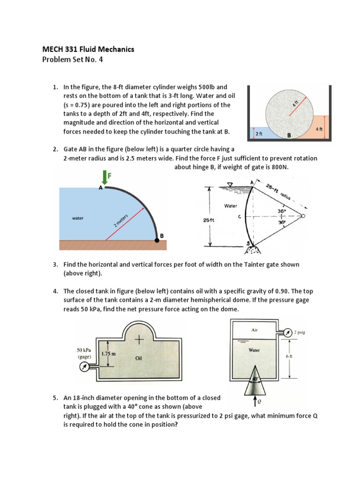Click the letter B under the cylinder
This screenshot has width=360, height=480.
[289, 135]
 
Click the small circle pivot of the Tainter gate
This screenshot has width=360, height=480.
[302, 216]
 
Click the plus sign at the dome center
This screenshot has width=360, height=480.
[139, 339]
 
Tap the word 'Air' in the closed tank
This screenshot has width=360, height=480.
[255, 330]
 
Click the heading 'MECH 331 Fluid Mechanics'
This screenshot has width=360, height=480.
[88, 49]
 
